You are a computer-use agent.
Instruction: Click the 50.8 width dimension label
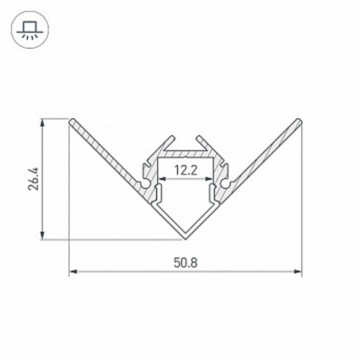click(x=185, y=262)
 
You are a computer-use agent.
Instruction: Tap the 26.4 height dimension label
click(x=33, y=179)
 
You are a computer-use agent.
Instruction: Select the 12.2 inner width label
click(x=186, y=171)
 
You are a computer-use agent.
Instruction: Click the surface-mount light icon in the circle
click(x=30, y=30)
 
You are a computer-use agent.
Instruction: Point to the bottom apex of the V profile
click(x=185, y=239)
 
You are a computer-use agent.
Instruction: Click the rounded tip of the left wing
click(x=71, y=121)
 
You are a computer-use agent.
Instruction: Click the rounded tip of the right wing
click(x=299, y=121)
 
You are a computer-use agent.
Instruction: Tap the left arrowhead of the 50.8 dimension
click(x=73, y=271)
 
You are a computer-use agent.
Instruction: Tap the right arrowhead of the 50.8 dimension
click(x=298, y=271)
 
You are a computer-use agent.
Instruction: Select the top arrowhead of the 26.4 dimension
click(x=42, y=122)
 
